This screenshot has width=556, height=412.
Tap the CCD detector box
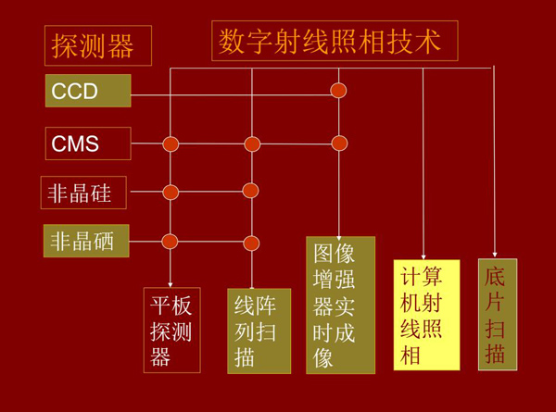(88, 91)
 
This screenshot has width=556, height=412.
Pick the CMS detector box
(88, 144)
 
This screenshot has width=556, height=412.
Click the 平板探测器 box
(172, 330)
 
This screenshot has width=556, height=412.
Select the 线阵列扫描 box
(259, 330)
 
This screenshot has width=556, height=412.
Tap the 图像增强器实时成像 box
(340, 305)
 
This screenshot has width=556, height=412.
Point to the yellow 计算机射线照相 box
(425, 315)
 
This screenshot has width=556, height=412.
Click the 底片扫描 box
(497, 314)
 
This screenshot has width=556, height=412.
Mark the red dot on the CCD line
(339, 91)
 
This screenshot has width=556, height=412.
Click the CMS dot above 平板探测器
(171, 144)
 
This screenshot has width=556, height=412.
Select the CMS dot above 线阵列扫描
(251, 144)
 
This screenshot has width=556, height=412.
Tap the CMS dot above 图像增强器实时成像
(339, 143)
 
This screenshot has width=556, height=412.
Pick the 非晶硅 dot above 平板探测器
(171, 193)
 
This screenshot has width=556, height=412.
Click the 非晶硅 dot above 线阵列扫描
(250, 191)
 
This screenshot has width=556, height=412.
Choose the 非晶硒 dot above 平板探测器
(170, 242)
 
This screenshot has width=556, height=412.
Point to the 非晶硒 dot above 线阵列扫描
(250, 243)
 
